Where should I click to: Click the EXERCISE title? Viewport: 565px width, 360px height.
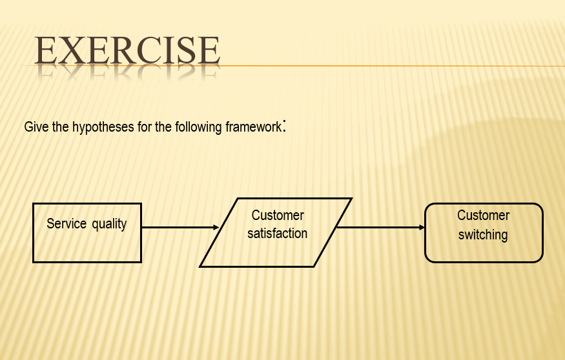[x=127, y=50]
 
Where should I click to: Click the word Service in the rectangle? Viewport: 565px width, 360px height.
[x=66, y=224]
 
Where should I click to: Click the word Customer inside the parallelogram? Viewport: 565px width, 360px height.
[x=278, y=215]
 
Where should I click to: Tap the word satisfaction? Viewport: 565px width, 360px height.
[x=277, y=234]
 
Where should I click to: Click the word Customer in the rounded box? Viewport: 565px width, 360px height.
[x=483, y=215]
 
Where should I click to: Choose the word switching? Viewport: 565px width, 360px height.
[x=483, y=235]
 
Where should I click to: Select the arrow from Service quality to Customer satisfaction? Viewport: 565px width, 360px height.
[x=178, y=227]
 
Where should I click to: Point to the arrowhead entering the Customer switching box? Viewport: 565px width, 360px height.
[x=422, y=227]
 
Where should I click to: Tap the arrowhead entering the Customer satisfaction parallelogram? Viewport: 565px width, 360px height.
[x=216, y=227]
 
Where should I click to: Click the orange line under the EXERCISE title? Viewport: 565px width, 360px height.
[x=387, y=66]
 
